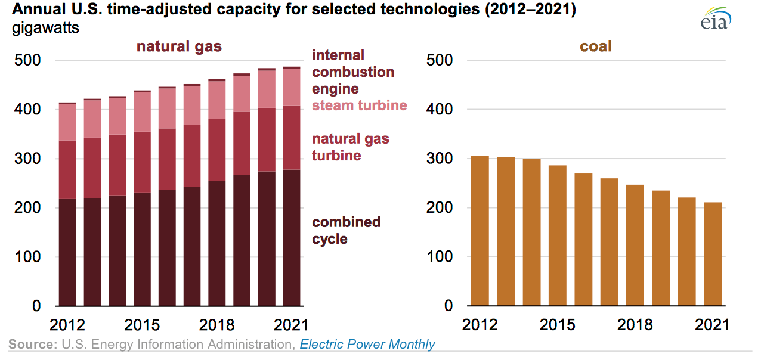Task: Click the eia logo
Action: point(715,18)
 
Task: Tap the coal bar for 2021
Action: point(713,254)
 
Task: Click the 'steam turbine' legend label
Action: point(360,105)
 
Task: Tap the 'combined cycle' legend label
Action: point(347,231)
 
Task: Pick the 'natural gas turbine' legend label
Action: point(351,147)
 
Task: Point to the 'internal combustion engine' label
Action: point(353,72)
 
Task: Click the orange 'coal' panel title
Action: point(595,46)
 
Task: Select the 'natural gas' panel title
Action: point(179,46)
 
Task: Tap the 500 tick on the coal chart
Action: point(441,61)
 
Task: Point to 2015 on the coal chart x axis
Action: point(557,325)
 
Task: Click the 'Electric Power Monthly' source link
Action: point(367,345)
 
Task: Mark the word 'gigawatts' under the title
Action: point(46,28)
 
